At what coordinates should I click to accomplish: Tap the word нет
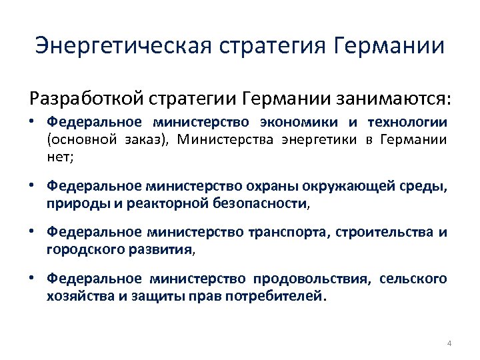[x=57, y=157]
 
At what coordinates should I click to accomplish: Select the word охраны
[x=268, y=187]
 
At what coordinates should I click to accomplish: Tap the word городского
[x=81, y=250]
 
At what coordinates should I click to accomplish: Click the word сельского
[x=413, y=279]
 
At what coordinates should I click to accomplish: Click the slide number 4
[x=449, y=343]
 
